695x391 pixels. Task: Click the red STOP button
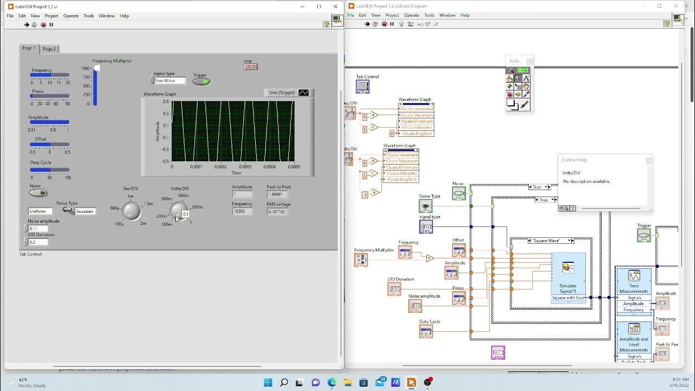point(250,67)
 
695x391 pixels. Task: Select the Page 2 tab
point(49,49)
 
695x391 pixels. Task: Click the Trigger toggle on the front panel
point(201,82)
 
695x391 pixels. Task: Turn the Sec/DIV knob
point(131,211)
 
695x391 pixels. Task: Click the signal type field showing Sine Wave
point(169,81)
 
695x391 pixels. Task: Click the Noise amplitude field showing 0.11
point(39,229)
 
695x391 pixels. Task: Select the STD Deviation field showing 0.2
point(39,242)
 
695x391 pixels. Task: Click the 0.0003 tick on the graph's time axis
point(245,167)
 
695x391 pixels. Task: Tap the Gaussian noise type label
point(85,211)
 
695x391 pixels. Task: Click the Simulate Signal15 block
point(568,274)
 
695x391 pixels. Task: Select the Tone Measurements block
point(634,282)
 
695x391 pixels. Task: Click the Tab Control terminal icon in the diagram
point(363,86)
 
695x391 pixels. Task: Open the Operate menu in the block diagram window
point(411,15)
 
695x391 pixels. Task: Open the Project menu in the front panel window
point(52,16)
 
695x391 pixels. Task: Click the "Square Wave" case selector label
point(546,241)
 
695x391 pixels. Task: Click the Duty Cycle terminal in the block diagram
point(426,331)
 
